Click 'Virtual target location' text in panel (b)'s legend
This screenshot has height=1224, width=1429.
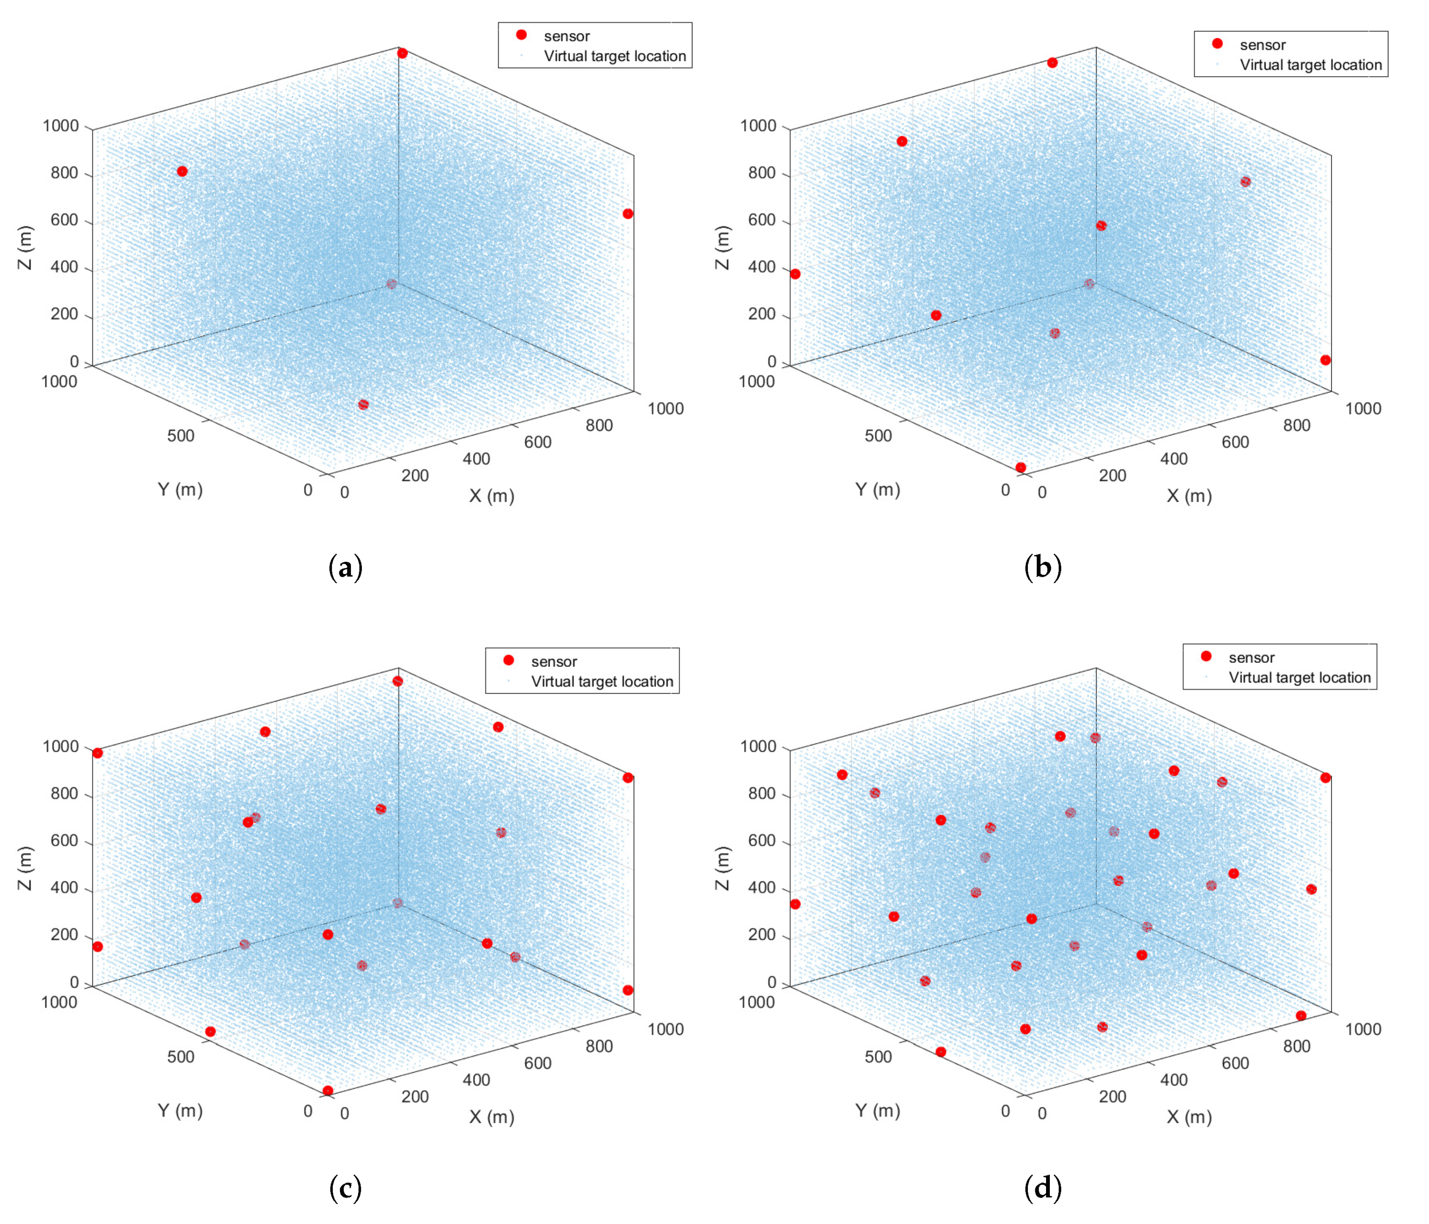coord(1310,65)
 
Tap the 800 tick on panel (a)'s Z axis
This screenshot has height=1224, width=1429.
coord(64,173)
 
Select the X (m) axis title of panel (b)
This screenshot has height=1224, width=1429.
coord(1189,496)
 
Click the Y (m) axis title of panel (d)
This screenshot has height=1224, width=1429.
coord(877,1110)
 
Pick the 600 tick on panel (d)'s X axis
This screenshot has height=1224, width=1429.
coord(1234,1063)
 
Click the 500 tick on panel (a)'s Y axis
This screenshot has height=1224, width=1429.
coord(181,436)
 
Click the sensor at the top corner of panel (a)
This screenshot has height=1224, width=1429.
coord(402,53)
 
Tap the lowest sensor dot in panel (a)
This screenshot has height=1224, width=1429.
coord(363,405)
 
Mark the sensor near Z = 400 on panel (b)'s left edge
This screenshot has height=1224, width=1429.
coord(795,274)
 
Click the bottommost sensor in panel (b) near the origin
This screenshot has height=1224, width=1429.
coord(1021,468)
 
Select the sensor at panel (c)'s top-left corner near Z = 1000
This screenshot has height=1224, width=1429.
coord(98,753)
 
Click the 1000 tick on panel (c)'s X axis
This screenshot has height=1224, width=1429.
coord(666,1029)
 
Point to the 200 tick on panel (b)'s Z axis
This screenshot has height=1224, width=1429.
coord(762,314)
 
